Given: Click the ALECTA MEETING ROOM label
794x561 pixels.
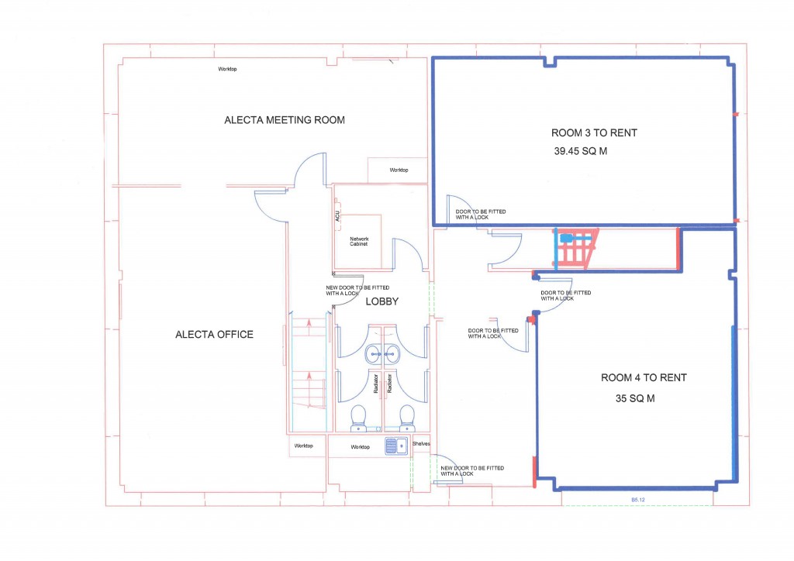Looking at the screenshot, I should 285,120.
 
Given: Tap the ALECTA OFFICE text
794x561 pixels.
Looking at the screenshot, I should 214,335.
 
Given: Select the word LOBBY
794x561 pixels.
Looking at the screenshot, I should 381,302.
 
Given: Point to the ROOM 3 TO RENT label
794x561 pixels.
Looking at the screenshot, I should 594,133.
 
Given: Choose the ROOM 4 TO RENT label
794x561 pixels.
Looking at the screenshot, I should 644,378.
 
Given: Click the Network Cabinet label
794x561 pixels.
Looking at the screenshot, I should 359,241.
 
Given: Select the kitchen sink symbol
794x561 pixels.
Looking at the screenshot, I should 396,446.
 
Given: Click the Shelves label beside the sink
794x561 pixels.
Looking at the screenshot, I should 420,444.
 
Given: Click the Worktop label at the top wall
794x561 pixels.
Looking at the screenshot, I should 227,70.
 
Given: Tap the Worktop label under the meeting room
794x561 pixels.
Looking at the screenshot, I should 399,170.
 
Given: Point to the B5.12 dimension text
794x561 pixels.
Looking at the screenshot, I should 638,501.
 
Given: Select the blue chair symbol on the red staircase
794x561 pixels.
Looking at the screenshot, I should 567,239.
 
